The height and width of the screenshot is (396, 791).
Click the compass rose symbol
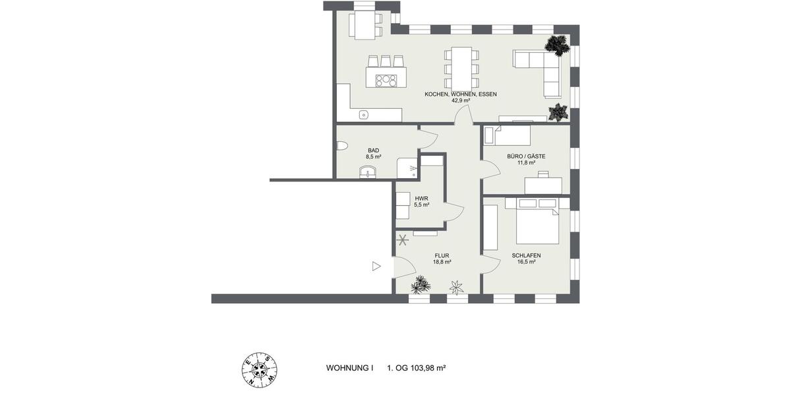(259, 368)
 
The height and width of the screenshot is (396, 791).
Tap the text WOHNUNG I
(349, 368)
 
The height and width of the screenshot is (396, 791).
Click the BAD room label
(373, 150)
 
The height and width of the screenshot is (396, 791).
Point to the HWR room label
(422, 198)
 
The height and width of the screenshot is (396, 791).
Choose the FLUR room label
(442, 255)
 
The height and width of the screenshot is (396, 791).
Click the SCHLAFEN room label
(526, 255)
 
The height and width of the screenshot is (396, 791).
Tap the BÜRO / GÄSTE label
(526, 156)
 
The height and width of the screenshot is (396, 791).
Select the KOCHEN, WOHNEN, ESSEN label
(461, 94)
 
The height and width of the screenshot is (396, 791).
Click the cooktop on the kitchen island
(386, 80)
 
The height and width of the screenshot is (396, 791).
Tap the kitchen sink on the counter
(363, 115)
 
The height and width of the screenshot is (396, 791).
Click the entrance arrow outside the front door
(376, 267)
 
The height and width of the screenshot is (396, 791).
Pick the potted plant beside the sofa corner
(559, 45)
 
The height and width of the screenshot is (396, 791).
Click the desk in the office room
(544, 183)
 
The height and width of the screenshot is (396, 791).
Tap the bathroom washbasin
(367, 173)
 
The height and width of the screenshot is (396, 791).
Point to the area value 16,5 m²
(526, 262)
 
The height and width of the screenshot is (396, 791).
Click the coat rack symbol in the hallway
(401, 240)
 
